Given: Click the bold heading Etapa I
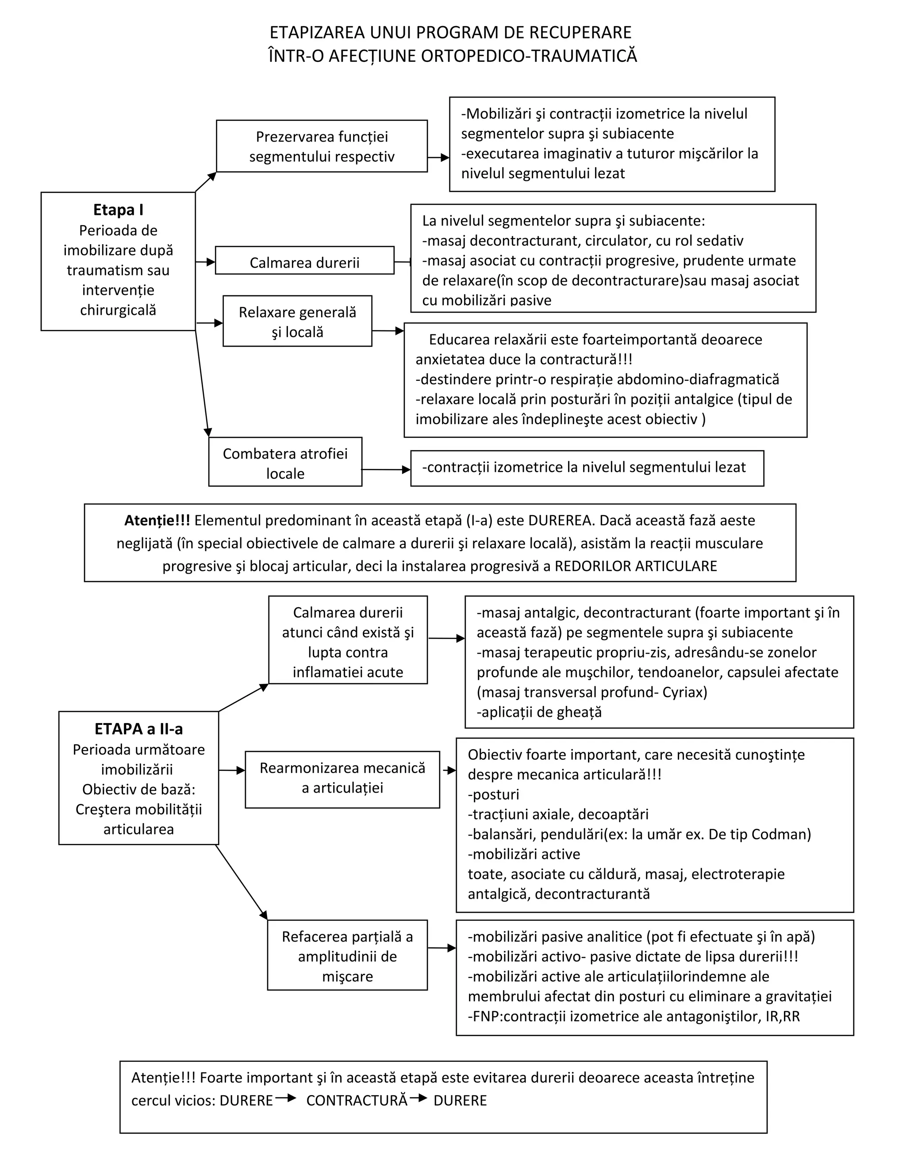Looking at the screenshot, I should tap(118, 210).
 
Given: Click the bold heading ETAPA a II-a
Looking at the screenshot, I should tap(138, 729).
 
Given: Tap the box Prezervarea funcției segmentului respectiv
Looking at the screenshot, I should tap(322, 146).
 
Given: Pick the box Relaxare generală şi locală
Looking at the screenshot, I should tap(297, 322).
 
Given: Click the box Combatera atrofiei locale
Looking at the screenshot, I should tap(285, 463).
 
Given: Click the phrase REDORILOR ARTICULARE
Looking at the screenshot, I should tap(636, 566).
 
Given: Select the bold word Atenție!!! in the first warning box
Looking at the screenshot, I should tap(157, 520).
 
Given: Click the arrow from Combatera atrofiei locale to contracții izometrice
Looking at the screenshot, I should tap(386, 470).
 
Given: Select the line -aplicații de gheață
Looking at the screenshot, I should tap(539, 712).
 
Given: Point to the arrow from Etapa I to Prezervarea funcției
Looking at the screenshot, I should tap(206, 181).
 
